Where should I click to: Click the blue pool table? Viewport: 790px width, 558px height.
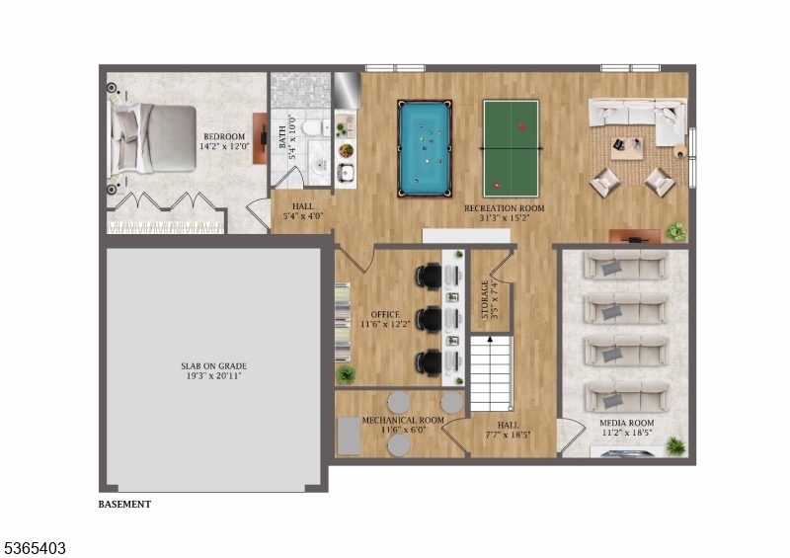click(x=425, y=147)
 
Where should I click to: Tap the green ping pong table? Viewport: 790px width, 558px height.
click(x=511, y=148)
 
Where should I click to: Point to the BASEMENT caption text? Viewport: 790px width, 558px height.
click(x=124, y=504)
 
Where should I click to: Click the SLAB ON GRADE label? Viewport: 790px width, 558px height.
click(x=213, y=370)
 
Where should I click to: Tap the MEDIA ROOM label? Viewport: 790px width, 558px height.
click(x=627, y=428)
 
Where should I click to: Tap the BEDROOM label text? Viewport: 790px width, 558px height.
click(x=224, y=141)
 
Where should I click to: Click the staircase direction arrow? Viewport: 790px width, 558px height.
click(x=490, y=341)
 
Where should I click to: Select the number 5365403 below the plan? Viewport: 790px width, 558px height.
click(x=35, y=546)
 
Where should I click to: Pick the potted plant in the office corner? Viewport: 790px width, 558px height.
click(x=346, y=374)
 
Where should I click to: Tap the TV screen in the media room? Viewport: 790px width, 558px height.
click(x=626, y=452)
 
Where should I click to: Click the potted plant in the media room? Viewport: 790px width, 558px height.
click(x=675, y=446)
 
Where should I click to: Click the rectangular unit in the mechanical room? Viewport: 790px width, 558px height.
click(x=349, y=435)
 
